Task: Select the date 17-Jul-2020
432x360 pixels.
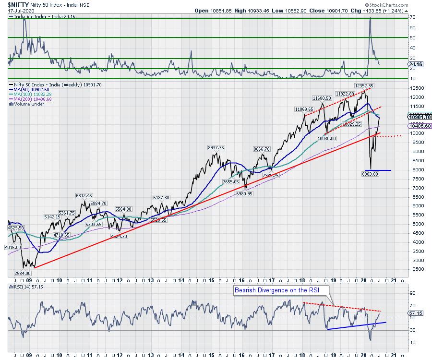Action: [x=19, y=10]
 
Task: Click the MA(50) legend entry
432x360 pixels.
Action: [x=33, y=90]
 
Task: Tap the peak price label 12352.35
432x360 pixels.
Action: [x=364, y=85]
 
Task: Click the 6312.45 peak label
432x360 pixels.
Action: [x=84, y=196]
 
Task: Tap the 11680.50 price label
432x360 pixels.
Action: [x=322, y=98]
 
